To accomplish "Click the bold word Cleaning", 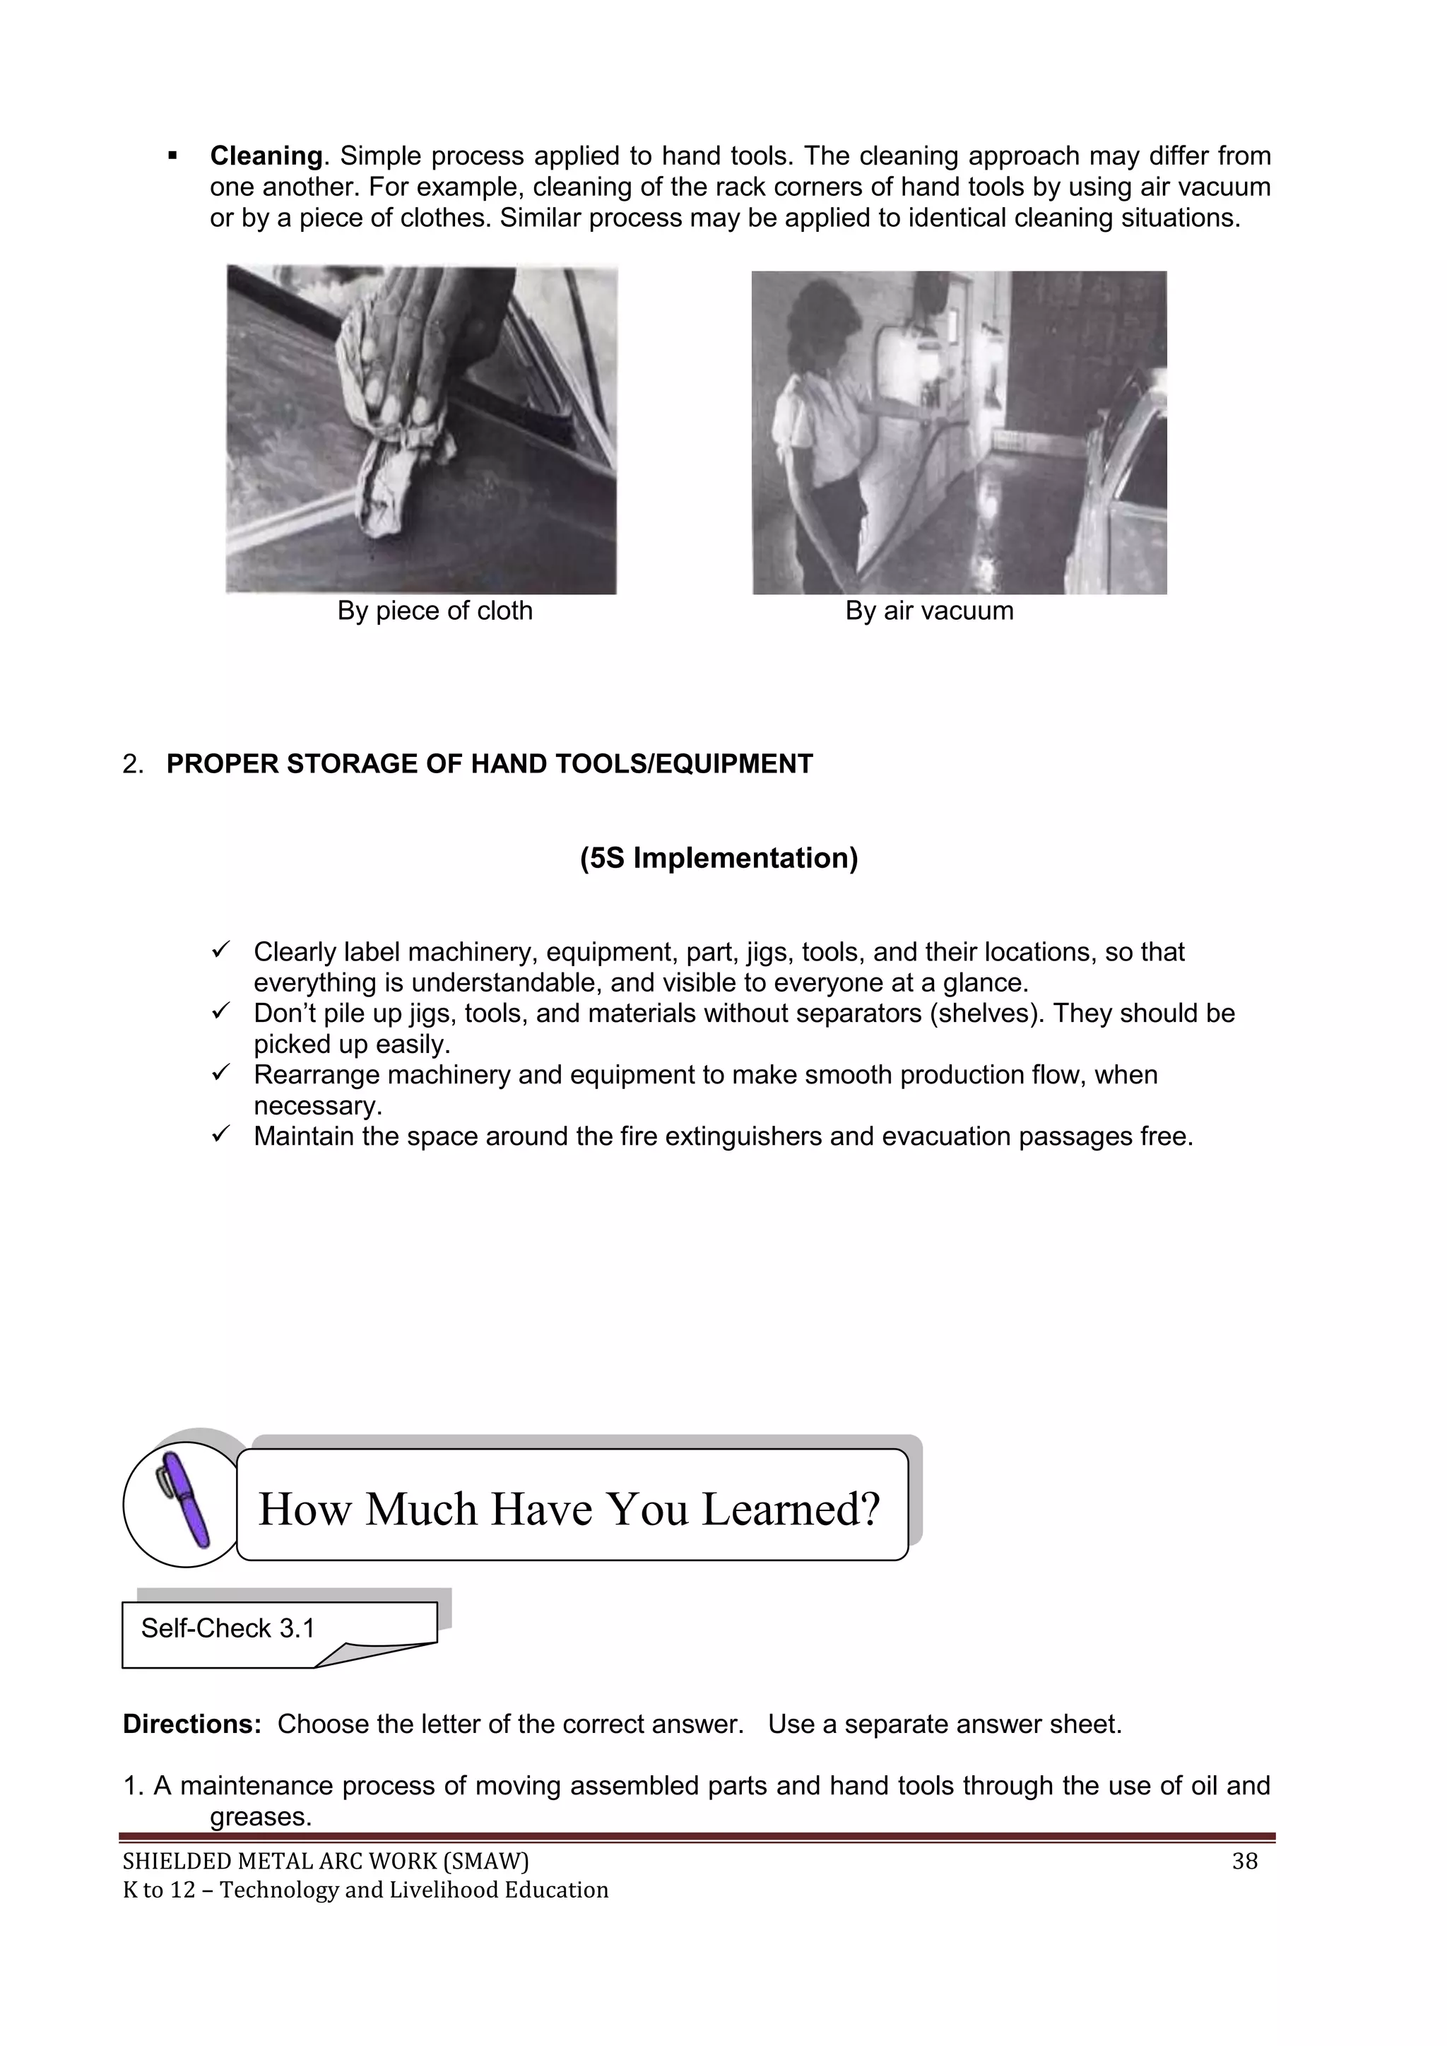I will point(266,156).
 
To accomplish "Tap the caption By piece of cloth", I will point(435,611).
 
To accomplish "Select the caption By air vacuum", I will point(929,611).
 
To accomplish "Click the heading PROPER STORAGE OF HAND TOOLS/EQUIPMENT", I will point(489,764).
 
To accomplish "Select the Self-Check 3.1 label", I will point(228,1628).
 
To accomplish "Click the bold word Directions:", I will point(191,1724).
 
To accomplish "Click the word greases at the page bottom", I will point(259,1816).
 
